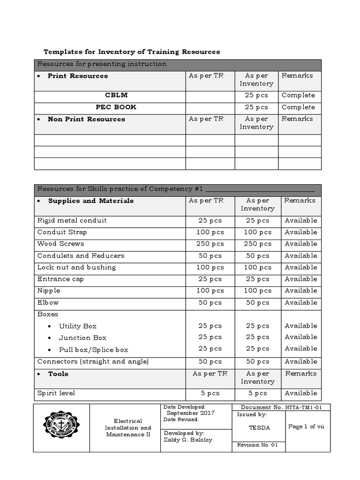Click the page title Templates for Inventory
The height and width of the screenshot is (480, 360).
click(132, 52)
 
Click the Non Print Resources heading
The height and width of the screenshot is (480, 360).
click(86, 119)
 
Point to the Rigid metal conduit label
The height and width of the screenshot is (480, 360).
click(72, 220)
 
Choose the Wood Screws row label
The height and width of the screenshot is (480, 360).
click(61, 244)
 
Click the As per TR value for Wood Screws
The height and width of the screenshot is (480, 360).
click(210, 244)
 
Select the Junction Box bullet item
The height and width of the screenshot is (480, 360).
click(82, 337)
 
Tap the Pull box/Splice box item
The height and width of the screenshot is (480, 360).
click(93, 350)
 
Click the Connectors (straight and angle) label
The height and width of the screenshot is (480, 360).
click(93, 361)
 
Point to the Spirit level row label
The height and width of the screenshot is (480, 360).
click(56, 393)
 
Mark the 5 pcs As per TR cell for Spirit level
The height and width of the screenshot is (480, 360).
click(210, 393)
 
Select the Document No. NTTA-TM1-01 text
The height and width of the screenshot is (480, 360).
click(281, 407)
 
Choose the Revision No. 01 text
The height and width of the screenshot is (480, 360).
click(258, 445)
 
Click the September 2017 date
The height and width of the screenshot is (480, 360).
click(190, 413)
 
